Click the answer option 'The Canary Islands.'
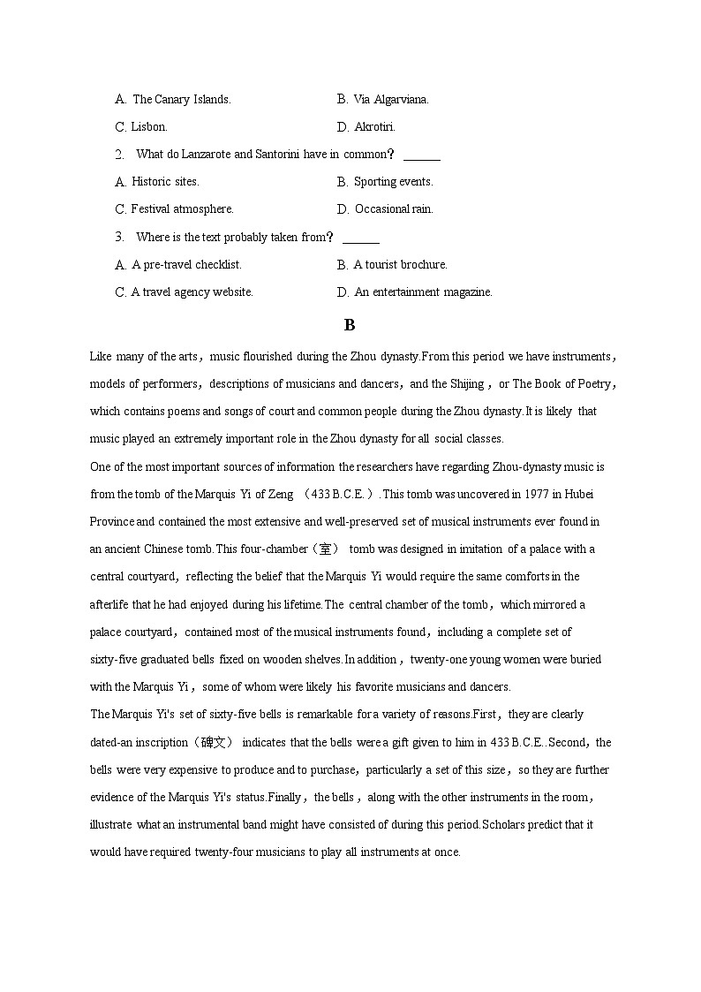tap(181, 100)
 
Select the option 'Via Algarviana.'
tap(390, 100)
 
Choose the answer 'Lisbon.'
tap(148, 127)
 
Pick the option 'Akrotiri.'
tap(374, 127)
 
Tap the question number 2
tap(119, 155)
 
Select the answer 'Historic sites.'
tap(165, 182)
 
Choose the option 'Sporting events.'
tap(393, 182)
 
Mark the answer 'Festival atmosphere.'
tap(182, 209)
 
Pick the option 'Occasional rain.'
tap(393, 209)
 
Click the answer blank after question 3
tap(360, 238)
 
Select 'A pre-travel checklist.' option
tap(186, 265)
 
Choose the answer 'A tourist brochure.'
tap(400, 265)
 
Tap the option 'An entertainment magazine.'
tap(423, 292)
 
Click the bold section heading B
tap(350, 325)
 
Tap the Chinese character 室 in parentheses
tap(326, 549)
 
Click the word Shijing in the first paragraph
tap(466, 384)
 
